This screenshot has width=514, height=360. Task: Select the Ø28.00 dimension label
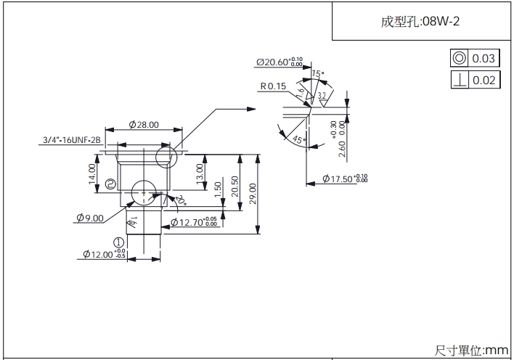tap(144, 125)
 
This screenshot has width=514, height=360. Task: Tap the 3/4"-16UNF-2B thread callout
tap(70, 141)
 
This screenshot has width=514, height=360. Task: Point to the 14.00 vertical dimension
tap(92, 173)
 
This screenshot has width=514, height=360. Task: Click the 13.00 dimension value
tap(200, 173)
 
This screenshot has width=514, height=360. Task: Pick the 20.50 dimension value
tap(234, 187)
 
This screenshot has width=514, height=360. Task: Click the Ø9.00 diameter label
tap(90, 217)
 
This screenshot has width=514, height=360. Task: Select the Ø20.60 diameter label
tap(280, 62)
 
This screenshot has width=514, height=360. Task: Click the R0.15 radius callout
tap(274, 86)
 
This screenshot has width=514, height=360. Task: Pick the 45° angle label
tap(297, 139)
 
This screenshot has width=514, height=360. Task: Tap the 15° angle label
tap(317, 74)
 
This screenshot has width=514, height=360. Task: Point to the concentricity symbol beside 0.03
tap(459, 58)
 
